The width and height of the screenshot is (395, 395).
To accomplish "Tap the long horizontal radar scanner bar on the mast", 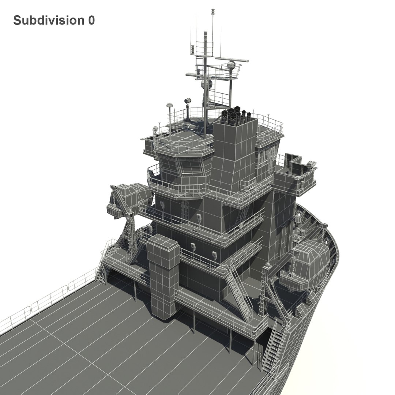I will pos(232,59).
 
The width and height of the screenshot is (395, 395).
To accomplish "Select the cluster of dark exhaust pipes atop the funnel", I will pos(236,115).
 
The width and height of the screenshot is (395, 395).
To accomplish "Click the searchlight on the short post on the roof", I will pos(188,101).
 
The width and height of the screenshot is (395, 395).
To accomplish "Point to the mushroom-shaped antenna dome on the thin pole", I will pos(169,105).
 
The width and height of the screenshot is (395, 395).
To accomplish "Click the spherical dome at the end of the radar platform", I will pos(231,65).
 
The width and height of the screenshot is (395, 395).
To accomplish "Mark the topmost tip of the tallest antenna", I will pos(212,10).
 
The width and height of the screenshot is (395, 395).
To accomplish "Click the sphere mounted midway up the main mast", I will pos(207,84).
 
